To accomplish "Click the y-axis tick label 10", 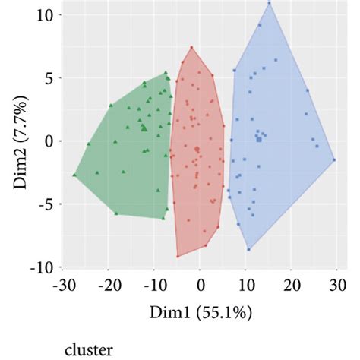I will point(43,14).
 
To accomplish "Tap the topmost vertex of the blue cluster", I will point(269,2).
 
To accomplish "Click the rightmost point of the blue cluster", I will point(334,159).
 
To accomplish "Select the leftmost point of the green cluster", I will point(74,175).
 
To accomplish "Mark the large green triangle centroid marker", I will point(144,128).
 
